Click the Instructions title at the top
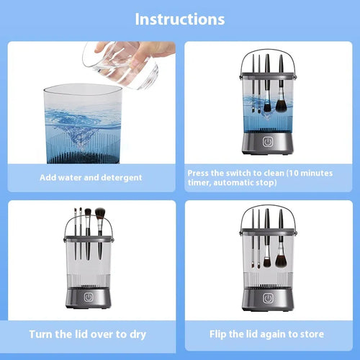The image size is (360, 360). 179,19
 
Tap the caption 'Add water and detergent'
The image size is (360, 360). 90,177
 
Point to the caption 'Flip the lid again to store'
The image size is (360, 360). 267,334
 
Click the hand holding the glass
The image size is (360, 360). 151,50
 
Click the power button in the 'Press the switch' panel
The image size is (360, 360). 267,143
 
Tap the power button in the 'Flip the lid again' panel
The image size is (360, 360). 267,297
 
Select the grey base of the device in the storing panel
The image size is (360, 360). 267,299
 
